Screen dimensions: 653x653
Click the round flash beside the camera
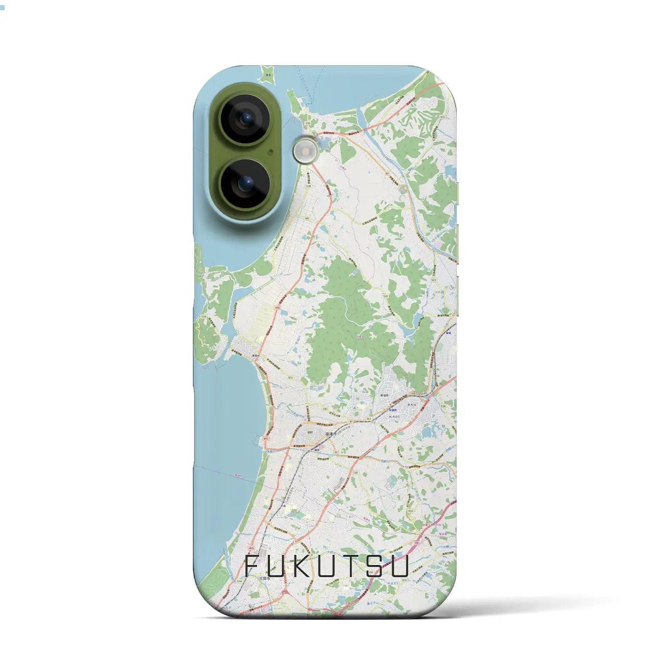pyautogui.click(x=305, y=151)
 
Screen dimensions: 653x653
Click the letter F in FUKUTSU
pyautogui.click(x=252, y=566)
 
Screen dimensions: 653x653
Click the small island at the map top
pyautogui.click(x=266, y=77)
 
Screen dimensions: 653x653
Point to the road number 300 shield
pyautogui.click(x=307, y=124)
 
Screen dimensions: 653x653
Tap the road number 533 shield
pyautogui.click(x=204, y=317)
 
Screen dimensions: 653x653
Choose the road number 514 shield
pyautogui.click(x=253, y=581)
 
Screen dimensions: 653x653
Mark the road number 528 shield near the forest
pyautogui.click(x=385, y=296)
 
